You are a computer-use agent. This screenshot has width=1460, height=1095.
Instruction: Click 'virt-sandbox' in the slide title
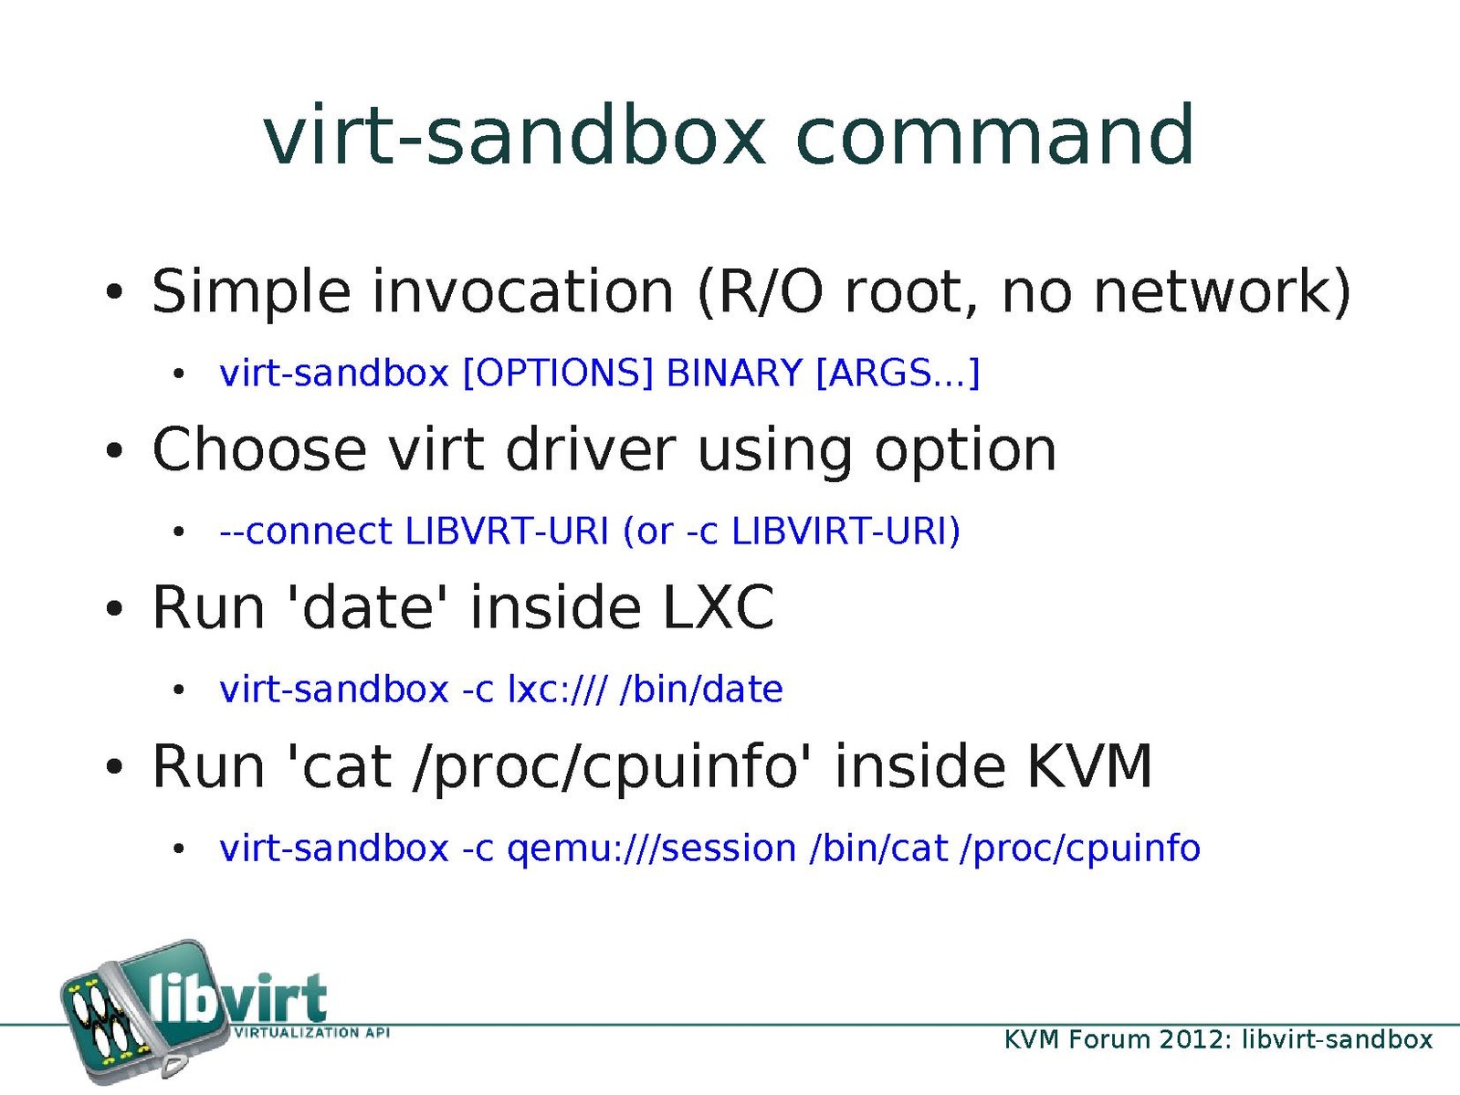[515, 135]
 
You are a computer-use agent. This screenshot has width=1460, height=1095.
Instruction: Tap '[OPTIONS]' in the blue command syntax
[557, 374]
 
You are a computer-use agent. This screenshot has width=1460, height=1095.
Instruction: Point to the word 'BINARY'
[734, 373]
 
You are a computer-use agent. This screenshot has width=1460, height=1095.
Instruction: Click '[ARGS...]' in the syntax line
[898, 374]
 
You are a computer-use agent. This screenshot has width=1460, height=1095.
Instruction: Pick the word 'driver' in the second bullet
[590, 449]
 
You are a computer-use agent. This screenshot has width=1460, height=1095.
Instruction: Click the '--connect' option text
[306, 531]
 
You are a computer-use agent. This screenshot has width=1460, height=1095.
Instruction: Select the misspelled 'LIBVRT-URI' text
[507, 531]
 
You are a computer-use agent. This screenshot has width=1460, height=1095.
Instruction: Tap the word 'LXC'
[719, 607]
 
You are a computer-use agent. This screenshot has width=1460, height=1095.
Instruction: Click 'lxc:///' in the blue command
[557, 690]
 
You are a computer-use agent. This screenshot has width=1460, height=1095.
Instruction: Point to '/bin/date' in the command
[701, 690]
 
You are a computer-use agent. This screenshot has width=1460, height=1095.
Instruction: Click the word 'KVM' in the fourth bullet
[1089, 765]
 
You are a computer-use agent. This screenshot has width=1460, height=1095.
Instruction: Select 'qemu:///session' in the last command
[652, 848]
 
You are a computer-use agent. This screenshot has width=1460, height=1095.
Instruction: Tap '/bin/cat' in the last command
[878, 848]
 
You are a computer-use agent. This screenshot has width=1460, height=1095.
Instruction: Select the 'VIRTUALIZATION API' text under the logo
[310, 1033]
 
